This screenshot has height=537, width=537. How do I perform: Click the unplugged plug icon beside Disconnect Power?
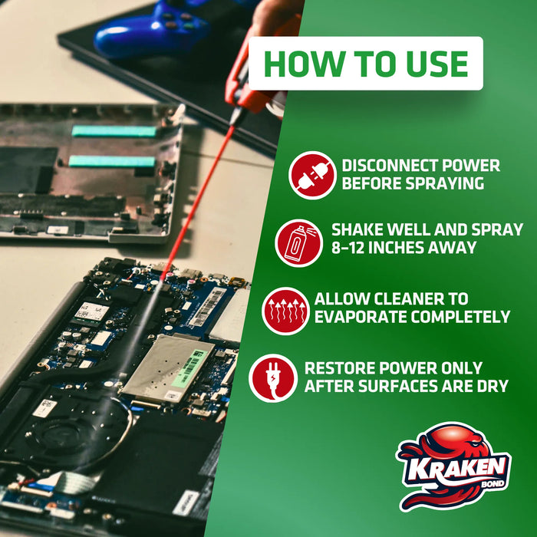312,175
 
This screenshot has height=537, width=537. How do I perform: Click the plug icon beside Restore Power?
273,377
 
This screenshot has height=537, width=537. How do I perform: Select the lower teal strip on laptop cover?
111,161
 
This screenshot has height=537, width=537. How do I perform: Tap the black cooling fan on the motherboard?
62,437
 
